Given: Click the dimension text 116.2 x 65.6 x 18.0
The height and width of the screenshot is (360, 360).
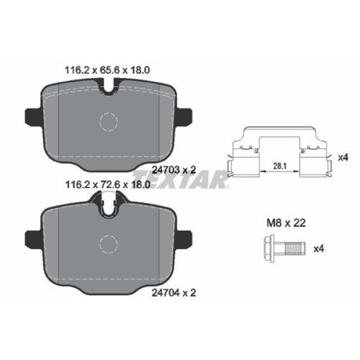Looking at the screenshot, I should point(106,70).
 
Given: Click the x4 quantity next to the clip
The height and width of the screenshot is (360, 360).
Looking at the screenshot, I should point(343,157).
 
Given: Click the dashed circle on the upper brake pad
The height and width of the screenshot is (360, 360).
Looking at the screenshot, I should point(109,122).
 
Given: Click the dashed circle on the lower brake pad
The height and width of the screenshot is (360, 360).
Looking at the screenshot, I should point(109,244).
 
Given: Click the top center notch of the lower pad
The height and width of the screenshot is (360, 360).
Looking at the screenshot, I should point(109,207).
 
